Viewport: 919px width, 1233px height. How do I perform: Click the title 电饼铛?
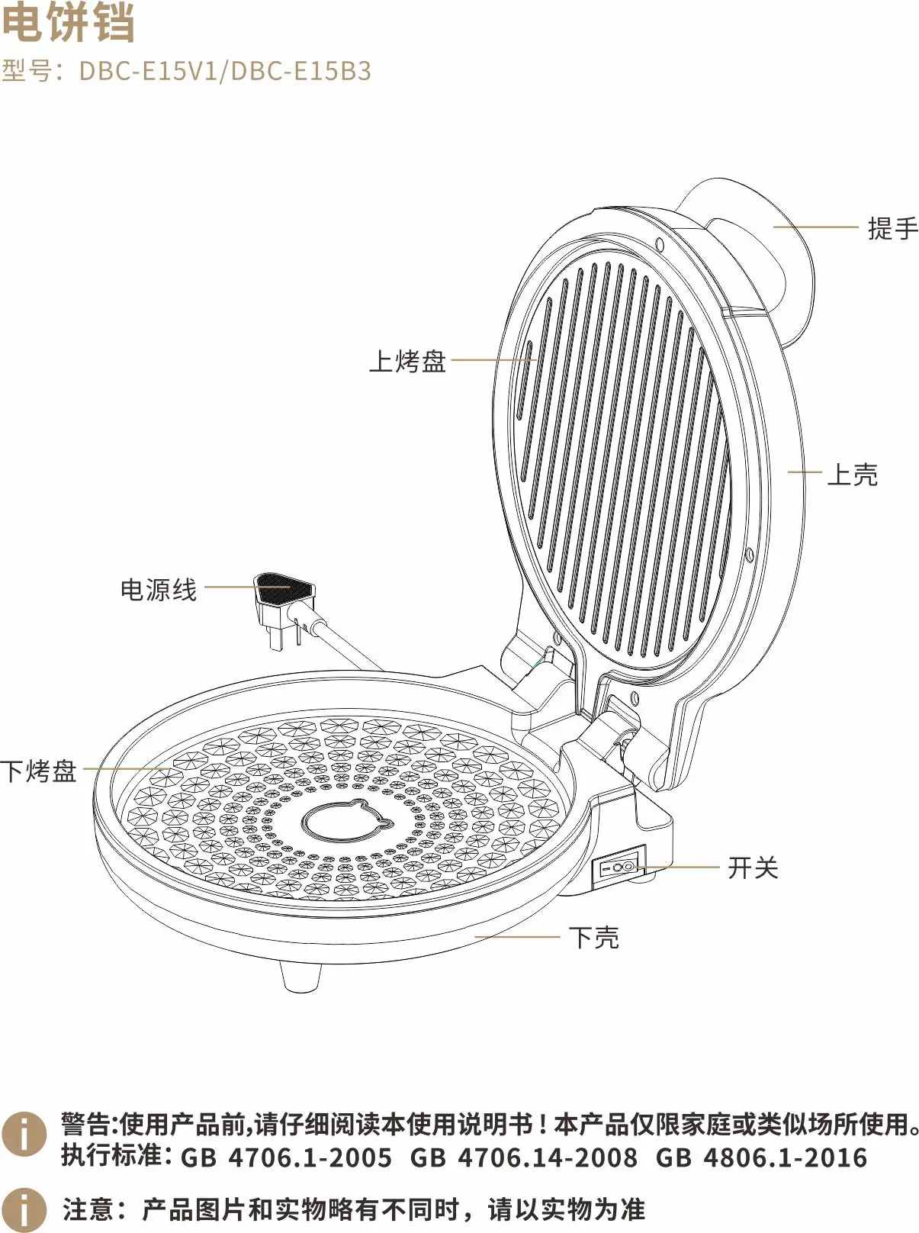pyautogui.click(x=69, y=23)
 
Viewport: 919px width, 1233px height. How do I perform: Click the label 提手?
pyautogui.click(x=892, y=228)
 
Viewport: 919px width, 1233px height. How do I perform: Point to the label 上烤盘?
pyautogui.click(x=407, y=361)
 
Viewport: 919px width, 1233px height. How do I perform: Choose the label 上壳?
pyautogui.click(x=852, y=475)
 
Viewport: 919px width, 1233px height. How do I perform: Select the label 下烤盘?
pyautogui.click(x=39, y=771)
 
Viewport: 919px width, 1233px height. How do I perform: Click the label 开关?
pyautogui.click(x=753, y=868)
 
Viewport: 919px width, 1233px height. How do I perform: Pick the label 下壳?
pyautogui.click(x=594, y=937)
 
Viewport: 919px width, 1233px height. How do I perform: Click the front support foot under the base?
pyautogui.click(x=300, y=976)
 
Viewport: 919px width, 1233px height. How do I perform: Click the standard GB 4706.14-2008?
pyautogui.click(x=523, y=1157)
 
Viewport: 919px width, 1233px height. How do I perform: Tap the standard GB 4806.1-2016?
pyautogui.click(x=761, y=1157)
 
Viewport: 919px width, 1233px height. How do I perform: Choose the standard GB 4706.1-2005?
pyautogui.click(x=286, y=1157)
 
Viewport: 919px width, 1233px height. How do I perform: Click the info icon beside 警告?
pyautogui.click(x=24, y=1134)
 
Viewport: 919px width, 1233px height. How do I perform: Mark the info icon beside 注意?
pyautogui.click(x=24, y=1209)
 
